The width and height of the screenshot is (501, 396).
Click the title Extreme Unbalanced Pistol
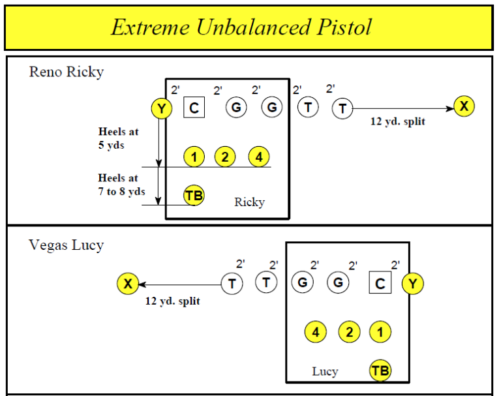[x=241, y=27]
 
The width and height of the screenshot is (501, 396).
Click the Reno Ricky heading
[x=66, y=72]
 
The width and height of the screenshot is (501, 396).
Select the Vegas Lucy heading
[x=66, y=245]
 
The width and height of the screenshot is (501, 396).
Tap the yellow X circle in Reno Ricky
[x=464, y=107]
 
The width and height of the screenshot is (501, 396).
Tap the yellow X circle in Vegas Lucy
[x=128, y=283]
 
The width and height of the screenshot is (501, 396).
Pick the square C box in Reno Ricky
[x=194, y=108]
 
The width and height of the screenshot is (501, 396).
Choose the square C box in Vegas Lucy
[x=380, y=283]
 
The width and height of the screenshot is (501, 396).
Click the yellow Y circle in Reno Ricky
[x=161, y=108]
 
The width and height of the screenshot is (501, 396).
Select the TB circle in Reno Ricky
[x=194, y=195]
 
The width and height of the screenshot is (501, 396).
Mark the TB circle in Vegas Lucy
[x=380, y=371]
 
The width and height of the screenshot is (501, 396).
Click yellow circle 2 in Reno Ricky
[x=225, y=157]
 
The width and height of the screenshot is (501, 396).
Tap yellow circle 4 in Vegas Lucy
[x=316, y=332]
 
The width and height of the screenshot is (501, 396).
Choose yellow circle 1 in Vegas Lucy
[x=380, y=332]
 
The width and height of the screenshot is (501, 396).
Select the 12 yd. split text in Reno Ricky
[x=397, y=121]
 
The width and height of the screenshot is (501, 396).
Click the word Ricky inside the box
[x=249, y=202]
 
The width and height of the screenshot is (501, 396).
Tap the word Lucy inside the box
[x=325, y=372]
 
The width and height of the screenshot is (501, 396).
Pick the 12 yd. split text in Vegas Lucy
[x=172, y=301]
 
